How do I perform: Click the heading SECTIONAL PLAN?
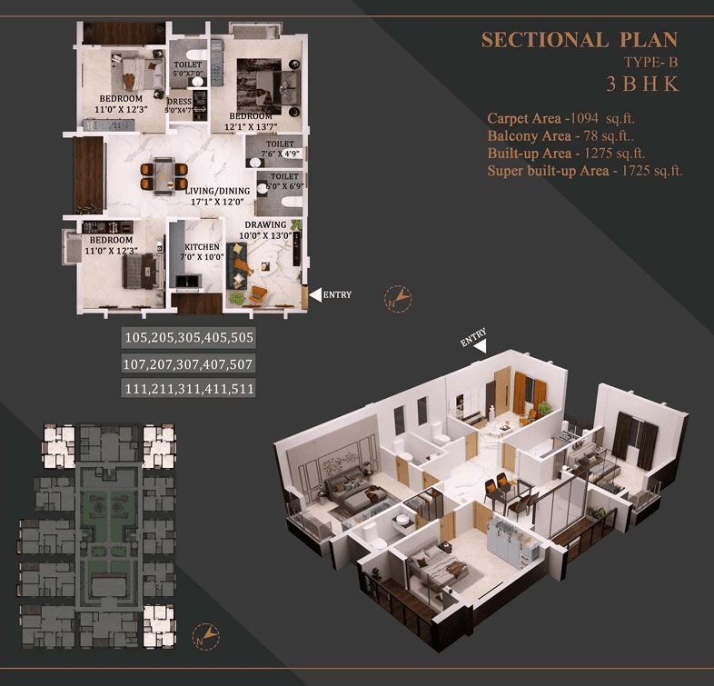click(x=579, y=40)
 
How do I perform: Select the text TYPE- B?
click(x=650, y=63)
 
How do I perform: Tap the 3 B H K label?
click(x=642, y=85)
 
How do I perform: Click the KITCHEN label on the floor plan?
click(x=202, y=247)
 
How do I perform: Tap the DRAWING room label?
click(x=265, y=224)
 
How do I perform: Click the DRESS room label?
click(x=178, y=102)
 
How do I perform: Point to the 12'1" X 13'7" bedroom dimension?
click(x=251, y=127)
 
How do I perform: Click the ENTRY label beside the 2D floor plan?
click(x=336, y=294)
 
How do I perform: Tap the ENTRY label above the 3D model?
click(x=472, y=337)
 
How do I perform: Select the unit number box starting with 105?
click(x=188, y=339)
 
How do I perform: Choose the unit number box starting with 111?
click(x=188, y=388)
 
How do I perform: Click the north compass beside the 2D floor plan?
click(x=399, y=296)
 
